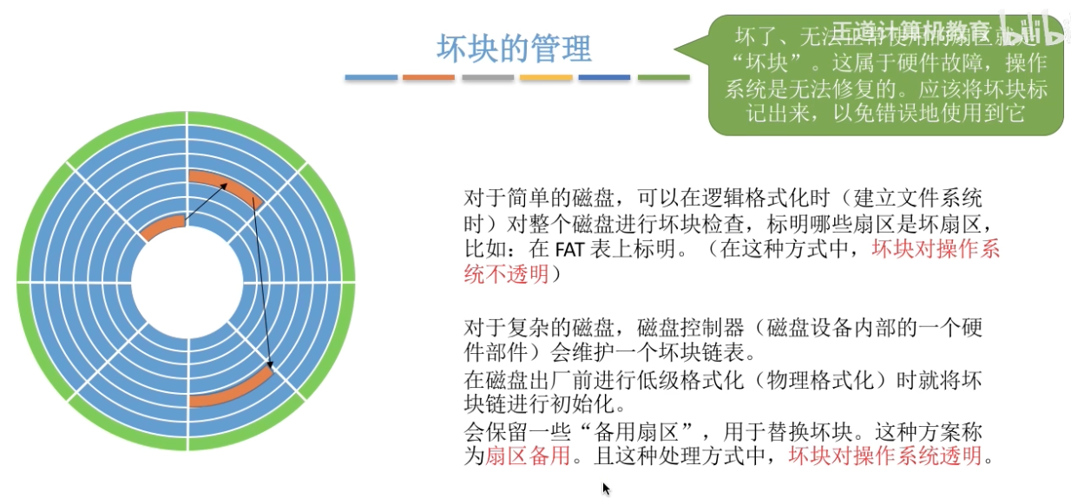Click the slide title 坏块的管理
[514, 48]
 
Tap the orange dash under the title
[428, 78]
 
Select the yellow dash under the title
[546, 78]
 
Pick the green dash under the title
[663, 78]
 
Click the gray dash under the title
[488, 78]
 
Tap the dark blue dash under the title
[604, 78]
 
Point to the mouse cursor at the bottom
[606, 488]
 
